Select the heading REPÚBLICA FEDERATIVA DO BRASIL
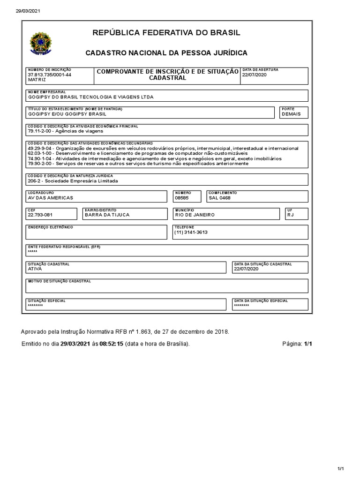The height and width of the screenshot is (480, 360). tap(166, 33)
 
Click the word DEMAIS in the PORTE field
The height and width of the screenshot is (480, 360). tap(291, 114)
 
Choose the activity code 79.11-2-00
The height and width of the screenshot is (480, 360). tap(41, 132)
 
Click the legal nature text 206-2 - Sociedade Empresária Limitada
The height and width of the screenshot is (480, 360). tap(73, 181)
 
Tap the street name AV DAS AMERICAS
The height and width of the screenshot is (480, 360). tap(51, 198)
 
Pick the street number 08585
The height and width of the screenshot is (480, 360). tap(182, 198)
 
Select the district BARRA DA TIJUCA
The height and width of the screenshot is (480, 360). tap(107, 215)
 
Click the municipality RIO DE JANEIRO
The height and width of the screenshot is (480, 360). tap(195, 215)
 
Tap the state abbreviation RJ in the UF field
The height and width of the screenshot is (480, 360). tap(291, 215)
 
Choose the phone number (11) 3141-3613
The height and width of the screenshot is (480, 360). tap(191, 232)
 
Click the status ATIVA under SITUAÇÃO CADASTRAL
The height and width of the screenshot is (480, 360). tap(35, 269)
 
